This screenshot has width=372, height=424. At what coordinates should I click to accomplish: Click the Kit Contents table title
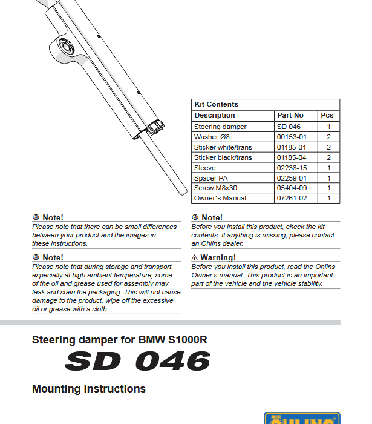216,104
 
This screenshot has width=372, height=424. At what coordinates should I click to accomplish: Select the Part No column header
290,115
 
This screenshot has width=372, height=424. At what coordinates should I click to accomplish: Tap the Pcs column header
327,115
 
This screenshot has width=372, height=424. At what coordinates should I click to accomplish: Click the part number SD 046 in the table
289,127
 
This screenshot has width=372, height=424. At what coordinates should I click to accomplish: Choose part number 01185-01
292,147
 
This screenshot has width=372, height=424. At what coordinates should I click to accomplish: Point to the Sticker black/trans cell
223,157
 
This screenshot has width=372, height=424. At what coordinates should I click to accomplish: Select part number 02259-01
292,178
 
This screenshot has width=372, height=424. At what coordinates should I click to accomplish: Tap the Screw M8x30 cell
215,188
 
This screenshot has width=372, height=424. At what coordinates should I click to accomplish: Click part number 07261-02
292,198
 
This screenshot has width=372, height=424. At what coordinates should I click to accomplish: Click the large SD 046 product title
138,362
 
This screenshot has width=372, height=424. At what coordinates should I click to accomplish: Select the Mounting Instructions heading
88,389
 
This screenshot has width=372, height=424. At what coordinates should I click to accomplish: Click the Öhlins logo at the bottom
298,419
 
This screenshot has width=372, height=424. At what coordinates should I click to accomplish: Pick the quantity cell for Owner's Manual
328,198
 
